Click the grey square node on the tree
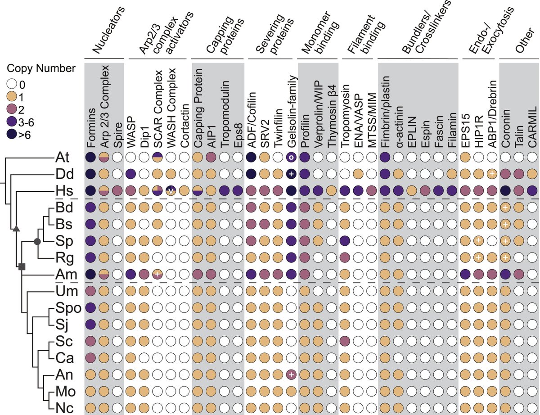click(21, 267)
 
